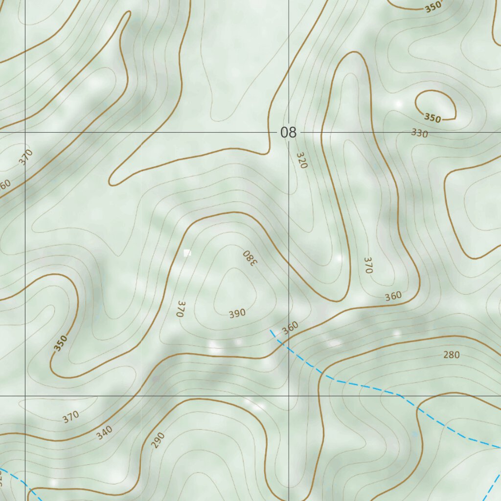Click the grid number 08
[x=289, y=132]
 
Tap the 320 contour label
[x=302, y=160]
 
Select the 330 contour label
[x=419, y=133]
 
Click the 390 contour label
[x=237, y=314]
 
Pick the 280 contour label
[x=451, y=355]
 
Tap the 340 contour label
[x=104, y=433]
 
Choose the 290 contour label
[x=158, y=440]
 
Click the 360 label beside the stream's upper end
[x=290, y=328]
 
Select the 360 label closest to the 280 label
[x=393, y=296]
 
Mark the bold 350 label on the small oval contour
[x=433, y=118]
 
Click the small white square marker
[x=187, y=253]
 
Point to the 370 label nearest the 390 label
[x=181, y=309]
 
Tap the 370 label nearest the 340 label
[x=71, y=417]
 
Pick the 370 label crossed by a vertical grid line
[x=26, y=157]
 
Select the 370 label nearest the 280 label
[x=368, y=265]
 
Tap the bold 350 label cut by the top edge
[x=433, y=7]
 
